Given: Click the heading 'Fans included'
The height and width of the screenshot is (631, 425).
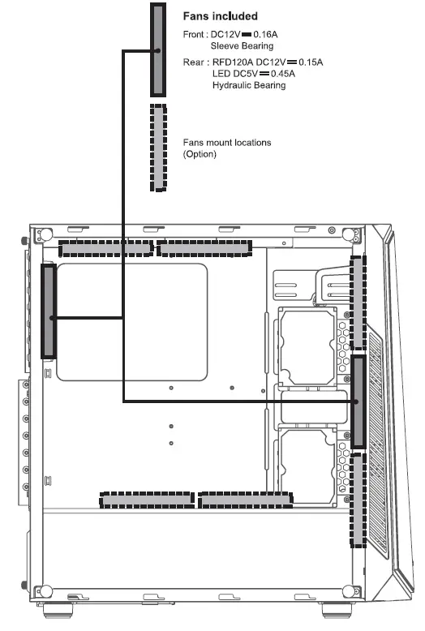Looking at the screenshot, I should pos(222,16).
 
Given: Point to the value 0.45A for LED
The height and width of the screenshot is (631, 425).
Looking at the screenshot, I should pos(280,74).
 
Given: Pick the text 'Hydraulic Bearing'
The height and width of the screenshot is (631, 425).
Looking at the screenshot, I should pos(249,85).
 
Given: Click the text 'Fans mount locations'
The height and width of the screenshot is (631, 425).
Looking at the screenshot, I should pos(227,143).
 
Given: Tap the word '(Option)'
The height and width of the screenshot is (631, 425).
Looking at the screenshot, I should pos(200,153).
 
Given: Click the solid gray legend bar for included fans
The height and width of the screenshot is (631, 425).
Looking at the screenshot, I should pos(159,49).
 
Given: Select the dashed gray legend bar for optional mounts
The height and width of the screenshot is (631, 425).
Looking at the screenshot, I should pos(159,147).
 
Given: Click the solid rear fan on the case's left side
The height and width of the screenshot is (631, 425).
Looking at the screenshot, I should pos(49,311).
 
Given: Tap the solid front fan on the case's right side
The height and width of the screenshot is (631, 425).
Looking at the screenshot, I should pos(358,401).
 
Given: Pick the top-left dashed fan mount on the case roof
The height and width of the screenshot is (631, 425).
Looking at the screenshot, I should pos(105,247).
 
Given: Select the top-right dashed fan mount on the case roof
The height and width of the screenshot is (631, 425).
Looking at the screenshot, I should pos(204,247).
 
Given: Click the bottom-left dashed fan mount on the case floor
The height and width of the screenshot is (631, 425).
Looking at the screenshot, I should pos(147,500).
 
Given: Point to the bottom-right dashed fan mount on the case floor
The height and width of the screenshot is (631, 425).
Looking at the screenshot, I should pos(246,500).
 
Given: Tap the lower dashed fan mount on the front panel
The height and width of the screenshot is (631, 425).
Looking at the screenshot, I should pos(358,500).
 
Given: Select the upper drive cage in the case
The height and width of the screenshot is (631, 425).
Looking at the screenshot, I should pos(307,344).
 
